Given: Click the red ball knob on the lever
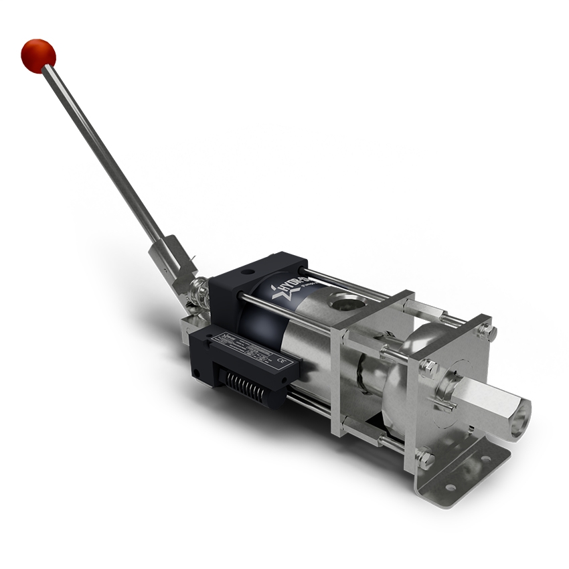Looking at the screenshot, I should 38,55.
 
